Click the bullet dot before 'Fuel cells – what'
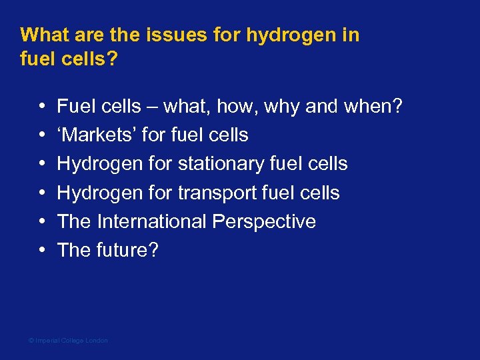pos(42,107)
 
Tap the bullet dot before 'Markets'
pos(42,135)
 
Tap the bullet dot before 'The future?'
pos(42,251)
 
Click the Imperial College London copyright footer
pos(68,341)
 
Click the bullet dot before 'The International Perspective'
pos(42,222)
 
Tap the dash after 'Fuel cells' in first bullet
pos(151,107)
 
